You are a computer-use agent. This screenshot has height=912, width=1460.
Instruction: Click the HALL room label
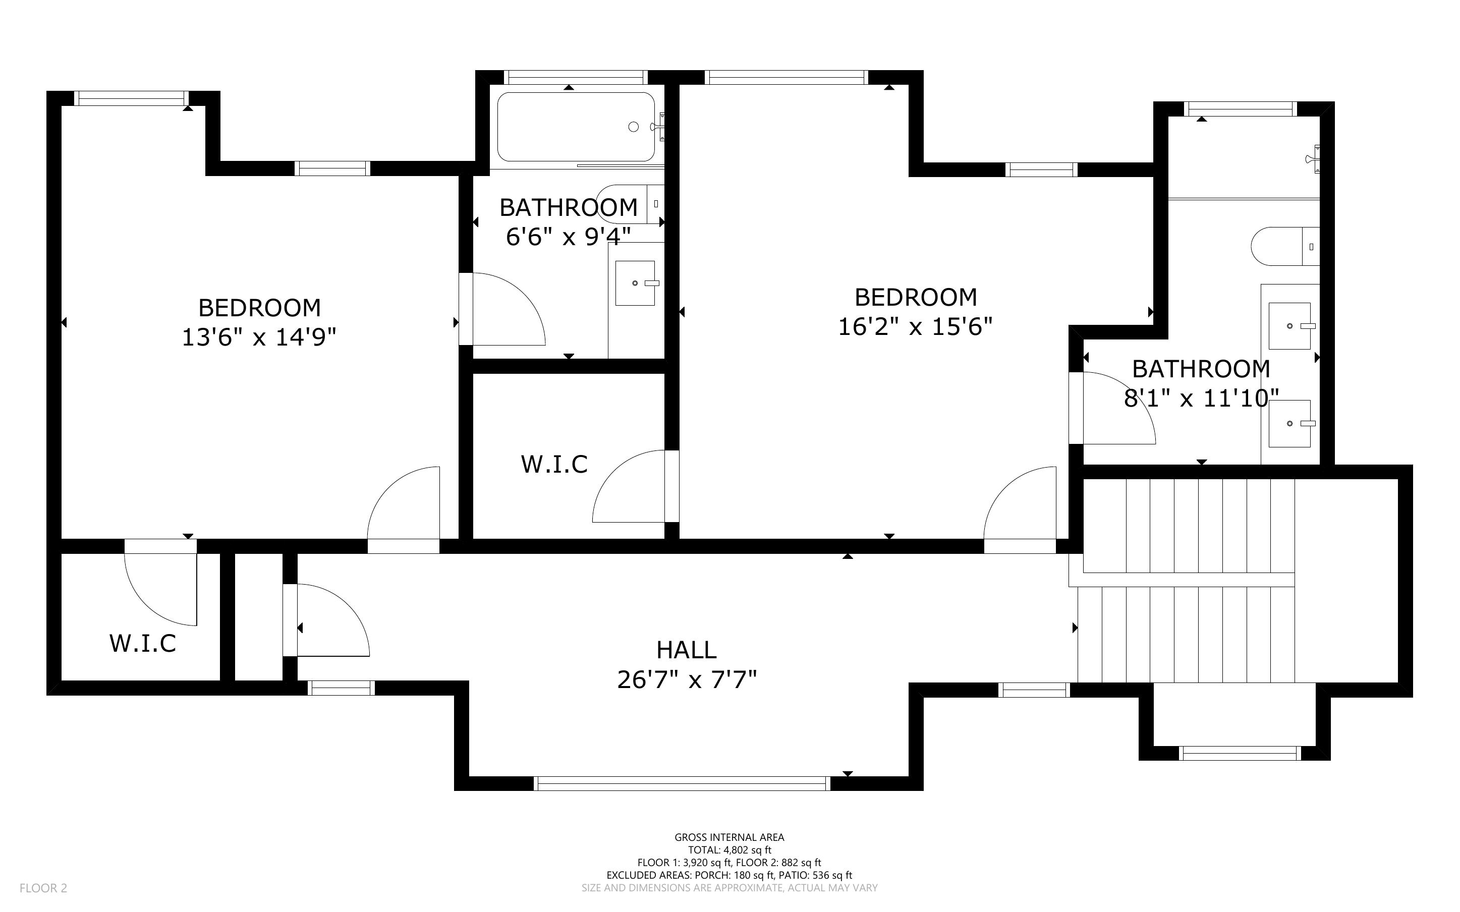click(x=686, y=650)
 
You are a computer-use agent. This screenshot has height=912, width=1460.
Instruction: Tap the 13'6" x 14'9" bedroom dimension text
click(x=259, y=337)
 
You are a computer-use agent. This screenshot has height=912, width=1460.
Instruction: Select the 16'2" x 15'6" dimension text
click(x=915, y=327)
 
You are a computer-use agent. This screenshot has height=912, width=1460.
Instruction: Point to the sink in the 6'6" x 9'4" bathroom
click(x=635, y=283)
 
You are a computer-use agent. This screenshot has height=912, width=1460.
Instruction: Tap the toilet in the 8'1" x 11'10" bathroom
click(x=1284, y=246)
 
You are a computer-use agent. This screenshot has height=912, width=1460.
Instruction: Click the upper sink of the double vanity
click(x=1290, y=326)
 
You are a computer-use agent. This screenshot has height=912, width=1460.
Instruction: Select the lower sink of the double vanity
click(x=1290, y=423)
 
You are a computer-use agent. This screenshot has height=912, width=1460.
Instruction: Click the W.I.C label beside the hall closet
click(x=142, y=644)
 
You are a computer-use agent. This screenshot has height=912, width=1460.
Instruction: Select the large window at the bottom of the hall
click(x=682, y=783)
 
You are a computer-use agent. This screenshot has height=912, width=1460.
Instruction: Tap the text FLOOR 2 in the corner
click(x=43, y=888)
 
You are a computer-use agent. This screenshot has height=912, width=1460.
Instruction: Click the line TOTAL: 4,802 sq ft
click(x=729, y=850)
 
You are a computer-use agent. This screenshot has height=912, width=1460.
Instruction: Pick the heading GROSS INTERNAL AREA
click(x=729, y=837)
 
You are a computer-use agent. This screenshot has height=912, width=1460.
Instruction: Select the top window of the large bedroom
click(x=786, y=77)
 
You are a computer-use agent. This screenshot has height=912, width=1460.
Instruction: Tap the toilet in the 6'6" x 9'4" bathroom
click(x=627, y=204)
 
